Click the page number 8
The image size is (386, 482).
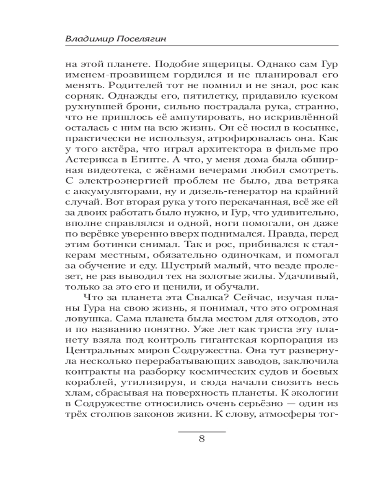coord(202,439)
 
